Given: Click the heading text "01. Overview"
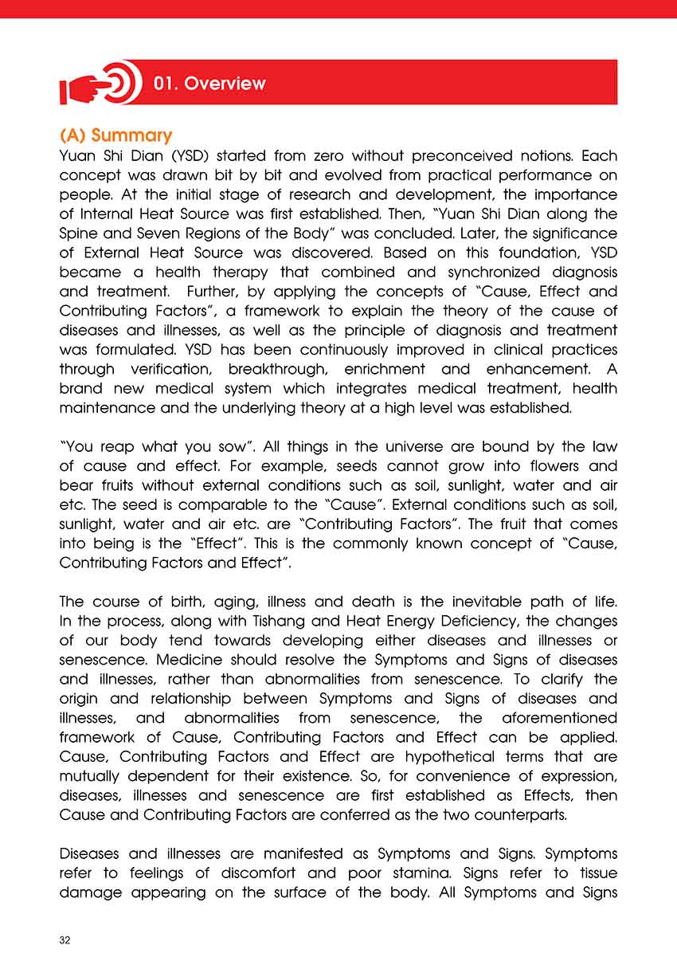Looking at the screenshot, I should (x=209, y=83).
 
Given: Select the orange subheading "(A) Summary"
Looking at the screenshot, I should (x=116, y=135).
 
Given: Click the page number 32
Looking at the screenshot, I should (x=65, y=940).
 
